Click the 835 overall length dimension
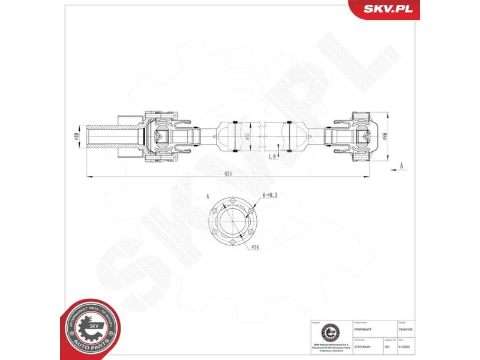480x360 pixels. pos(228,173)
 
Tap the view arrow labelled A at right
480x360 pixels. pos(401,166)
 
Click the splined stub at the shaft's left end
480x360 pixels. pos(105,137)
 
